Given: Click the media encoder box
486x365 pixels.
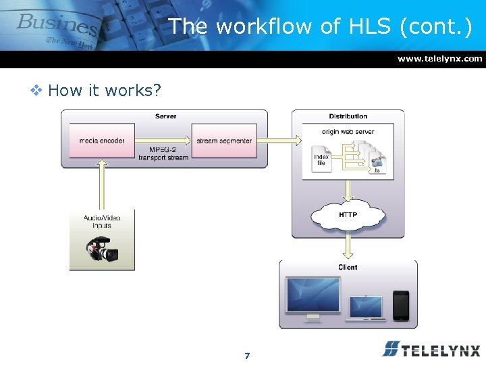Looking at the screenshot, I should click(102, 141).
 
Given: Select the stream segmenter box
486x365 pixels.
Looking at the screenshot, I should click(224, 141).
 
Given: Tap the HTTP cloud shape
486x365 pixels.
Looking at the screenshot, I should click(348, 216).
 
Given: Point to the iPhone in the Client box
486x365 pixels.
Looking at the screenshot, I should click(401, 305).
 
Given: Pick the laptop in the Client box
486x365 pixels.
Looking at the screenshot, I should click(367, 308).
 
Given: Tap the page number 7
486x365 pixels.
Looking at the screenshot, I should click(247, 356).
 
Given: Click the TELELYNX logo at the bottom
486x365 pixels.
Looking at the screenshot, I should click(431, 349).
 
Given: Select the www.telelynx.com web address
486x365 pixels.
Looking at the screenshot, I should click(439, 59).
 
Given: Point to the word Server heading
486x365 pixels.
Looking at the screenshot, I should click(165, 116).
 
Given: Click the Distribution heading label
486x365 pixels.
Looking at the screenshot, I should click(348, 116).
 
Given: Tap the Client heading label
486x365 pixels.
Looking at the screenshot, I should click(348, 267).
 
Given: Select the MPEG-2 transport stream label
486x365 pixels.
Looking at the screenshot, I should click(163, 153).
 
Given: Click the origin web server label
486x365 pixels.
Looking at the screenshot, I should click(348, 131).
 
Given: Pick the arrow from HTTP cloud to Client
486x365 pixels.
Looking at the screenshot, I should click(348, 245).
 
